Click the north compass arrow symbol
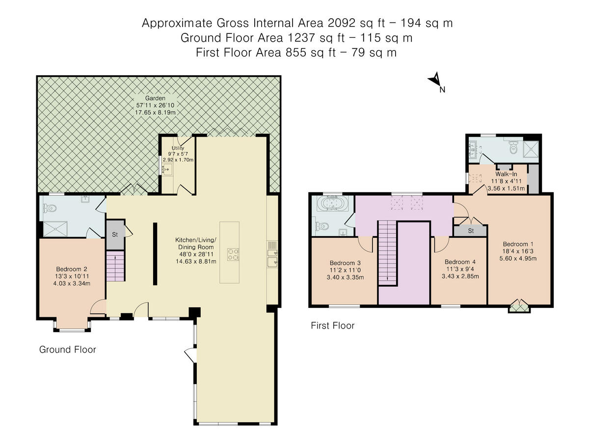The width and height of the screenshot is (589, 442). click(x=435, y=80)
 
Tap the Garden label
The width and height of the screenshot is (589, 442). click(x=155, y=98)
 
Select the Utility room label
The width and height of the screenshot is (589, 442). click(x=178, y=148)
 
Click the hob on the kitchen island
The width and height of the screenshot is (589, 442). click(x=233, y=254)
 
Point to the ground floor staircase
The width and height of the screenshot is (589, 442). click(x=115, y=266)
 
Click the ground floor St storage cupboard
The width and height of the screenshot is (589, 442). click(x=115, y=235)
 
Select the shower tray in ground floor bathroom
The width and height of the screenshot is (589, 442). click(x=55, y=229)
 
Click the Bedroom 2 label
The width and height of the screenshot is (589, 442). click(x=72, y=269)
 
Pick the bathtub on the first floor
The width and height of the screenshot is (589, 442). click(x=333, y=203)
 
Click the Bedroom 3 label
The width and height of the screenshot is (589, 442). click(x=345, y=263)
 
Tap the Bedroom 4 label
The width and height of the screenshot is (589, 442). click(x=460, y=262)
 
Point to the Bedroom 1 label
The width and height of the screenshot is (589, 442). click(x=518, y=244)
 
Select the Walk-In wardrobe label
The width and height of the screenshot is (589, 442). click(x=506, y=174)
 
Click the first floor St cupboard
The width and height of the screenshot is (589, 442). click(x=471, y=231)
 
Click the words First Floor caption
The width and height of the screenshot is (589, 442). click(x=333, y=326)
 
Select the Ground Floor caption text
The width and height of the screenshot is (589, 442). click(x=68, y=350)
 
